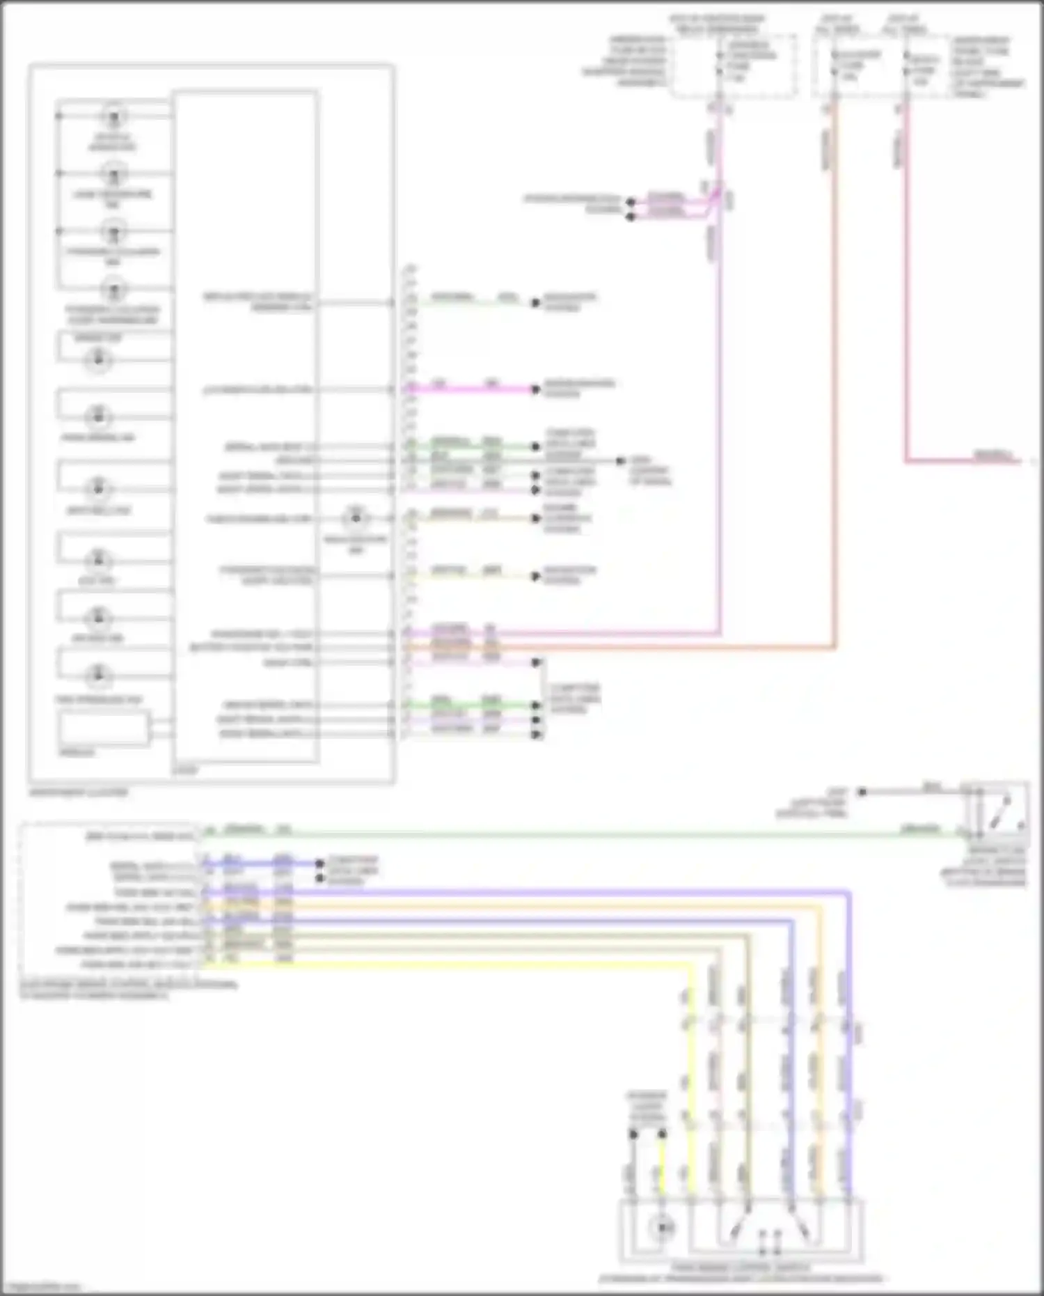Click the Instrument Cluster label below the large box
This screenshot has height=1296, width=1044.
click(79, 793)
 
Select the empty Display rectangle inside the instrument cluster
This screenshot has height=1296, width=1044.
click(104, 728)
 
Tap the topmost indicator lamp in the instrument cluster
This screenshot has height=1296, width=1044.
click(113, 116)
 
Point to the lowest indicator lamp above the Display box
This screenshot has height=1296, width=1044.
click(98, 675)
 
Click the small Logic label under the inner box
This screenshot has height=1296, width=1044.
click(185, 770)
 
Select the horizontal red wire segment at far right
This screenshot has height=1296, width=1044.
click(960, 461)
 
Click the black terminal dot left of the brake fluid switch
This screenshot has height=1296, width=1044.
click(862, 792)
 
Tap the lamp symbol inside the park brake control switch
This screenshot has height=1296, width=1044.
click(661, 1228)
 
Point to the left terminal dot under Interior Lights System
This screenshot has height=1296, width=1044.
click(633, 1134)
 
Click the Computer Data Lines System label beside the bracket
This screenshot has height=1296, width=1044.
click(575, 698)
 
